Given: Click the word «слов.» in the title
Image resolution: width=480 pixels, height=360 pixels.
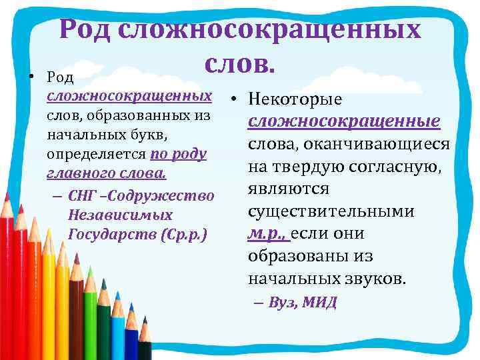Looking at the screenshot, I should point(241,63).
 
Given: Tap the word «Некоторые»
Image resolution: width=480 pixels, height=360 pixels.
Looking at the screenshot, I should point(295,99).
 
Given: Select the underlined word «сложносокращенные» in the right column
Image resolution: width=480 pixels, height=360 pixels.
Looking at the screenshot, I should point(343,122).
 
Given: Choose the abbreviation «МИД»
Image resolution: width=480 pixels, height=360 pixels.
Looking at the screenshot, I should point(319,303).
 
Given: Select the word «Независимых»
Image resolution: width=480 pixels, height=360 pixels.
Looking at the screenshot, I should point(120,215).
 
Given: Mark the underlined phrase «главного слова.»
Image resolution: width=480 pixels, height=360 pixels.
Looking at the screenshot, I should point(106,174).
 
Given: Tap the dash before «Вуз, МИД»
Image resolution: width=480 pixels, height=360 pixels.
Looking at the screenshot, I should point(259,303).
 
